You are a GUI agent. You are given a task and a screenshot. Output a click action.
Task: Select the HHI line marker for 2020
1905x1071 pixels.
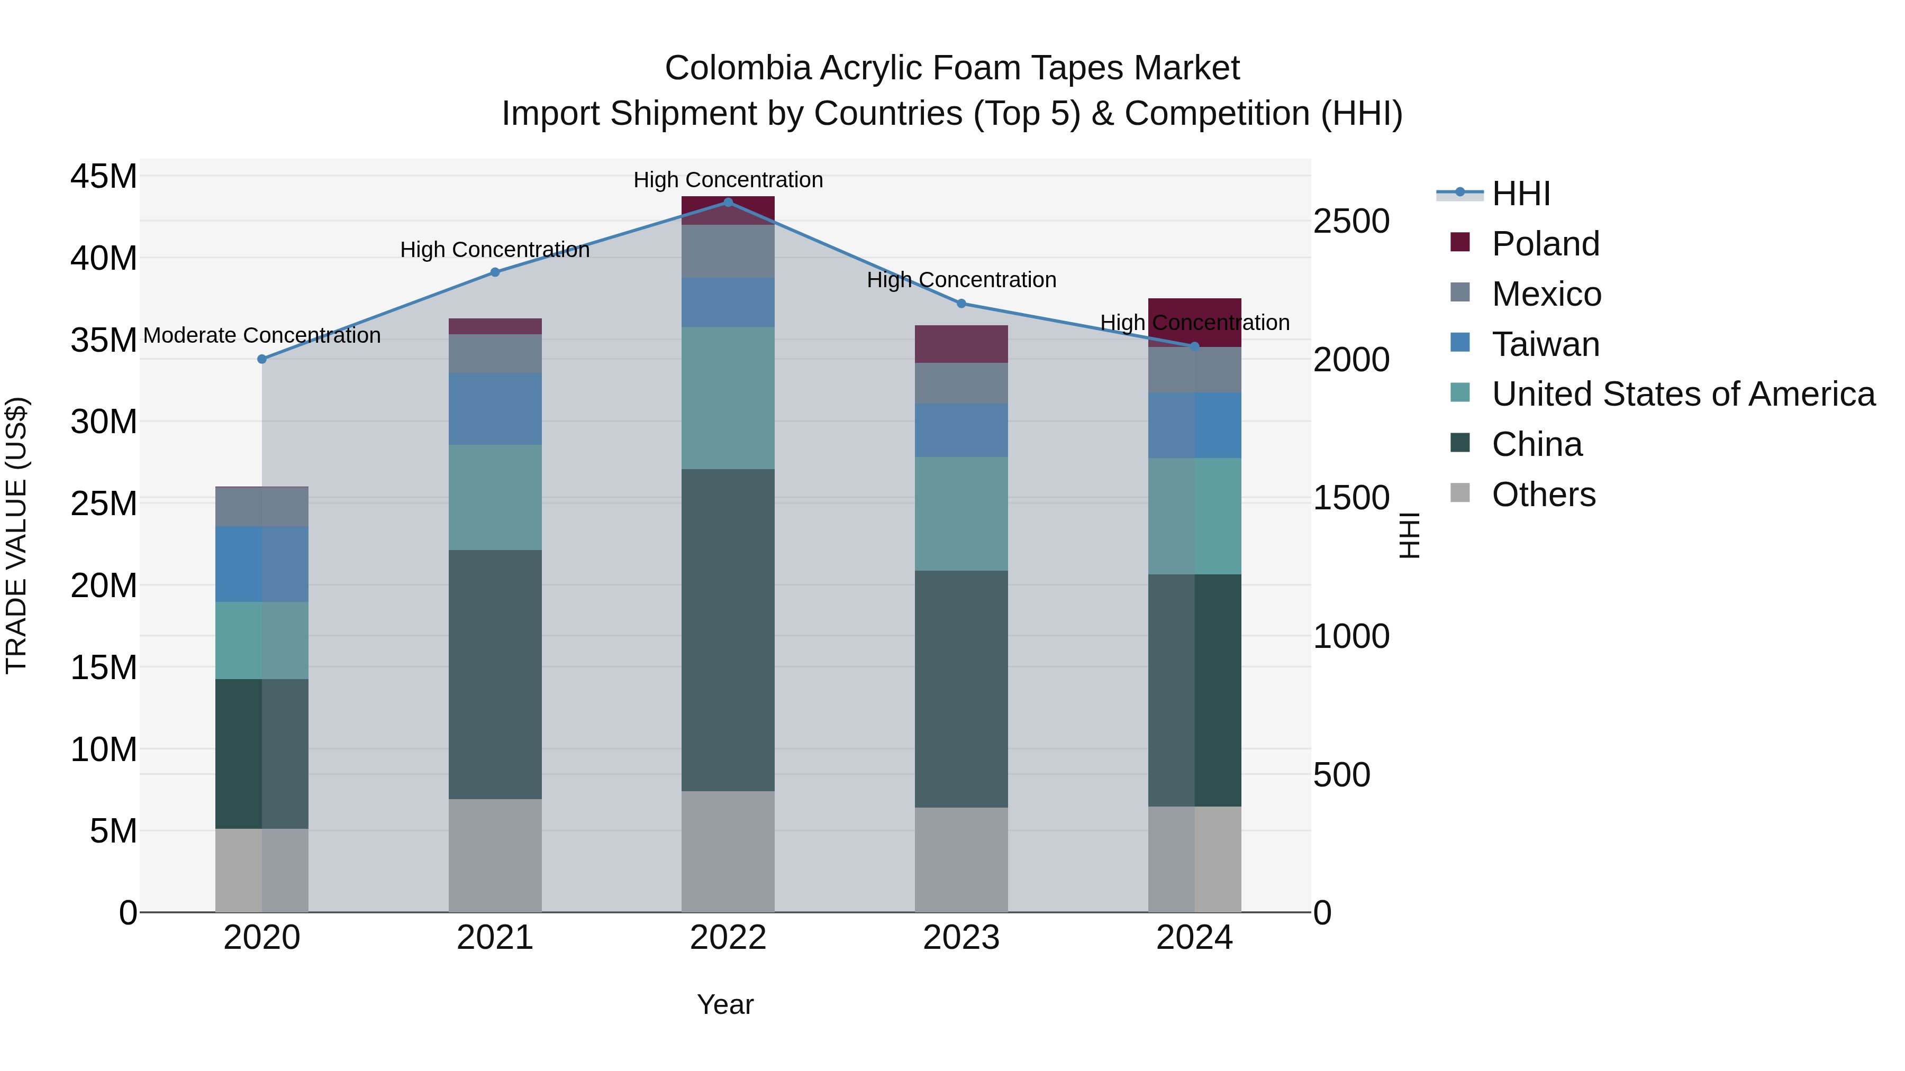click(x=262, y=359)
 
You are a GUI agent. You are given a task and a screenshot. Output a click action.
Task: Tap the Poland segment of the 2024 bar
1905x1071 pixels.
click(x=1194, y=322)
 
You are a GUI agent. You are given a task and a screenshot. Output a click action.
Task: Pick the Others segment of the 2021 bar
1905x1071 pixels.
click(x=495, y=855)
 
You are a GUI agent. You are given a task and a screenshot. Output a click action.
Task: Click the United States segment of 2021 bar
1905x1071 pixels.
click(x=495, y=497)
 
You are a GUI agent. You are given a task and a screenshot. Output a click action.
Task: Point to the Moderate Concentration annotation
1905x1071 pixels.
click(x=262, y=335)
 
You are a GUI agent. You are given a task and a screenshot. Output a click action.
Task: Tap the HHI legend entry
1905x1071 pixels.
click(x=1520, y=194)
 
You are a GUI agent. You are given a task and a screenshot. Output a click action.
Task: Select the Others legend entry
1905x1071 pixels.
click(x=1544, y=495)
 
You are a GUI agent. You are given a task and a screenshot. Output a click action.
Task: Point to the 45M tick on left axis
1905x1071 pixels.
click(x=104, y=177)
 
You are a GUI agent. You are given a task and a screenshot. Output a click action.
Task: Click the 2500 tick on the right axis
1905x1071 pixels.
click(x=1351, y=221)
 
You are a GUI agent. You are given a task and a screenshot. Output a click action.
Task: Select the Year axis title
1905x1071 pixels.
click(x=725, y=1004)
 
